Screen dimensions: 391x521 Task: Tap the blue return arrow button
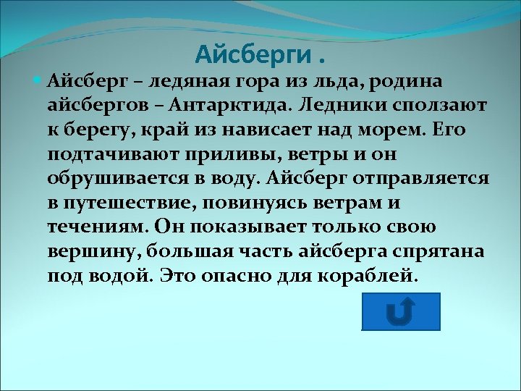[400, 311]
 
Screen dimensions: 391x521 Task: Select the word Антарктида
[234, 106]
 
